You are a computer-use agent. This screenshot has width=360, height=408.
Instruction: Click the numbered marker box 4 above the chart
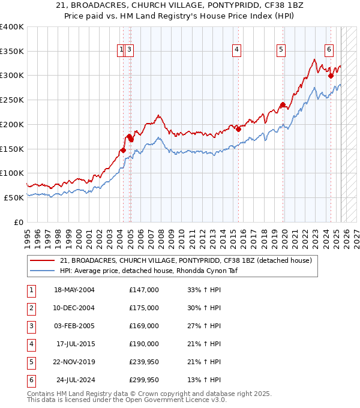pyautogui.click(x=237, y=50)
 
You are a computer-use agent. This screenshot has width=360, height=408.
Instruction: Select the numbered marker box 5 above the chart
pyautogui.click(x=281, y=50)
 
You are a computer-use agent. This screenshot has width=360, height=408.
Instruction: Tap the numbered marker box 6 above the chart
pyautogui.click(x=329, y=50)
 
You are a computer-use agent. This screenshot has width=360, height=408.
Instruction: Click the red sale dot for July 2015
pyautogui.click(x=238, y=128)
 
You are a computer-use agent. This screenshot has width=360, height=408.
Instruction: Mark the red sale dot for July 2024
pyautogui.click(x=331, y=76)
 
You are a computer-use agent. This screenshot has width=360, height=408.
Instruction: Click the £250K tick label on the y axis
pyautogui.click(x=12, y=100)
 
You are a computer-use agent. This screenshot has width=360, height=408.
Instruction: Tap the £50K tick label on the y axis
pyautogui.click(x=14, y=197)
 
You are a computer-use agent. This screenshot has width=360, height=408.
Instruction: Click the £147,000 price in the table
pyautogui.click(x=144, y=290)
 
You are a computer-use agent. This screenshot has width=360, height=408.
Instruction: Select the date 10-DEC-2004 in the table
pyautogui.click(x=74, y=308)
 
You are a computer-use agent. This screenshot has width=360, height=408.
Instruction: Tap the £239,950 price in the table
pyautogui.click(x=144, y=362)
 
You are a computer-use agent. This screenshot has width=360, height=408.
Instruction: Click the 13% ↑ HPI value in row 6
pyautogui.click(x=204, y=380)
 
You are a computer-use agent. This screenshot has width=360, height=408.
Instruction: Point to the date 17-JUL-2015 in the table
pyautogui.click(x=75, y=344)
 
